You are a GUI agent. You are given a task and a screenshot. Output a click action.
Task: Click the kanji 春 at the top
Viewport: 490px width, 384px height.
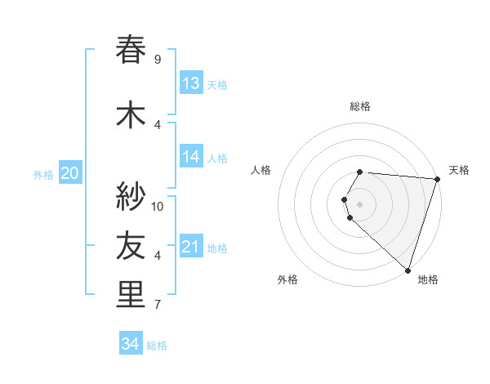pos(131,50)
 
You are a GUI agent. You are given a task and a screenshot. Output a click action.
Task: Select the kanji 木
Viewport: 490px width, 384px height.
pos(131,115)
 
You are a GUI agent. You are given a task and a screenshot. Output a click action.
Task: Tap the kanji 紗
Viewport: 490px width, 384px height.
pos(131,197)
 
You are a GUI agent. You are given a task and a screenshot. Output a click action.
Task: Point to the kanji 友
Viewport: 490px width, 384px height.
pos(131,246)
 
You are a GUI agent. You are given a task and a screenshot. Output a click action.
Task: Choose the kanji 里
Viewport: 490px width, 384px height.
pos(131,295)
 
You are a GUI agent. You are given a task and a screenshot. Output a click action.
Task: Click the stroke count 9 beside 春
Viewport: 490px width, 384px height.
pos(157,59)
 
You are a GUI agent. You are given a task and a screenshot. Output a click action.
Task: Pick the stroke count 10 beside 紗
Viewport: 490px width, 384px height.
pos(158,206)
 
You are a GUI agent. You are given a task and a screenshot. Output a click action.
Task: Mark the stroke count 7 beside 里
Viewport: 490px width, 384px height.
pos(157,305)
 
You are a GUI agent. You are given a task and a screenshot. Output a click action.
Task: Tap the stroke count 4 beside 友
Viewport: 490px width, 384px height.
pos(157,256)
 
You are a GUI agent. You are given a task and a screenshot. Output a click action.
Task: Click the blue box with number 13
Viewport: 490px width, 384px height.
pos(191,83)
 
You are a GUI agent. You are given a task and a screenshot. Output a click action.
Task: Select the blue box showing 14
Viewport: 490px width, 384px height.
pos(191,157)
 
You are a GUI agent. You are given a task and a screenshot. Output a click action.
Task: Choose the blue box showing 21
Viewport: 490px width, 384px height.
pos(191,247)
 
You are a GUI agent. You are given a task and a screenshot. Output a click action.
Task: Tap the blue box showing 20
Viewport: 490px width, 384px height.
pos(70,172)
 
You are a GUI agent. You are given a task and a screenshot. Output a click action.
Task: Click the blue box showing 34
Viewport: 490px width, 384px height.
pos(131,344)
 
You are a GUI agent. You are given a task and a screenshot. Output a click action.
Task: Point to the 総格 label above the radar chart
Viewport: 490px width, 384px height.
pos(360,106)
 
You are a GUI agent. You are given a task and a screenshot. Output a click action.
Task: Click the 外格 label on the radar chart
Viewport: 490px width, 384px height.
pos(287,280)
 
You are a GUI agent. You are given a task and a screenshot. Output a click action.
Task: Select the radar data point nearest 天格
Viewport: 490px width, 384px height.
pos(437,179)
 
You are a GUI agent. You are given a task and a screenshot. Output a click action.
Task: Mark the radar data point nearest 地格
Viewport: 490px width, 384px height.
pos(408,270)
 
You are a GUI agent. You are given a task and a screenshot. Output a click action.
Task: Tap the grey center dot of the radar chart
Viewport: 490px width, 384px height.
pos(360,203)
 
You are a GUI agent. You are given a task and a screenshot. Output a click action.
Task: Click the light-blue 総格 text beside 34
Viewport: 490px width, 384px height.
pos(157,346)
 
